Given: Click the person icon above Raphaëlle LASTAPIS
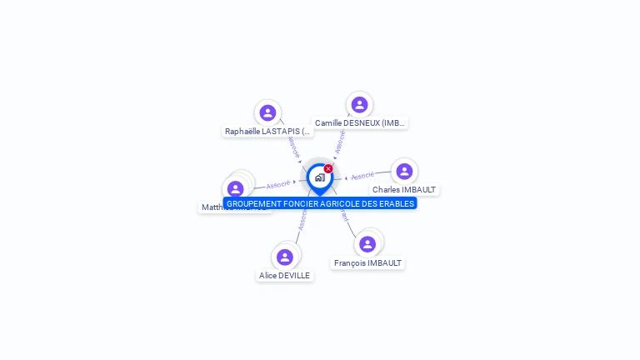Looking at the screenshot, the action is pyautogui.click(x=267, y=112).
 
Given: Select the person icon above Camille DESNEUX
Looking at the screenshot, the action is pyautogui.click(x=359, y=104).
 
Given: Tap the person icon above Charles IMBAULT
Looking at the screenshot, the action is pyautogui.click(x=404, y=171).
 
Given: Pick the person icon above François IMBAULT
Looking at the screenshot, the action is pyautogui.click(x=367, y=243).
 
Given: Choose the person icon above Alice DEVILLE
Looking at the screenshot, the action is pyautogui.click(x=285, y=257).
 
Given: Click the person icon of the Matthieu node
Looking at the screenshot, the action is pyautogui.click(x=236, y=189).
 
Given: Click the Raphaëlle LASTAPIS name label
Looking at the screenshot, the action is pyautogui.click(x=267, y=131).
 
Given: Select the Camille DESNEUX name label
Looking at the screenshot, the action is pyautogui.click(x=360, y=122).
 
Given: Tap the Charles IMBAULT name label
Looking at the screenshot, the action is pyautogui.click(x=404, y=189).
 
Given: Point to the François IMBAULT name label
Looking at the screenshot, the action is pyautogui.click(x=367, y=262).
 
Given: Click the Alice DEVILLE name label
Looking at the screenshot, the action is pyautogui.click(x=284, y=275).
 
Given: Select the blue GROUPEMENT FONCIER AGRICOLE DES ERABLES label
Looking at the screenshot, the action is pyautogui.click(x=320, y=203).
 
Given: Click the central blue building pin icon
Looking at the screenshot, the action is pyautogui.click(x=319, y=177).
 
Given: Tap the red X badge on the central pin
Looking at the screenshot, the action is pyautogui.click(x=328, y=168).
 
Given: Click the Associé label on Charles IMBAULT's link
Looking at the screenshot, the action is pyautogui.click(x=362, y=176).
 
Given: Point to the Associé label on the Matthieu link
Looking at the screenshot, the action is pyautogui.click(x=278, y=184).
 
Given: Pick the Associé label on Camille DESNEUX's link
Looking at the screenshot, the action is pyautogui.click(x=340, y=141).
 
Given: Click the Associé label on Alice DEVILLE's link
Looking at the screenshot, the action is pyautogui.click(x=302, y=221).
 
